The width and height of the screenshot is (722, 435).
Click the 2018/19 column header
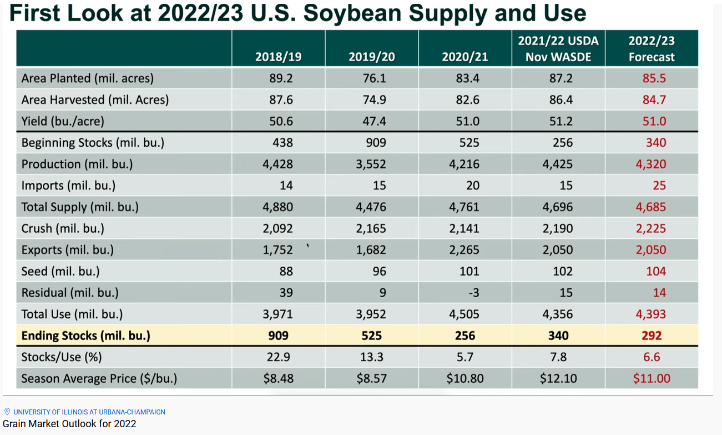click(x=278, y=57)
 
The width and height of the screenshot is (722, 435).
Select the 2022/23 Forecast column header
click(x=651, y=49)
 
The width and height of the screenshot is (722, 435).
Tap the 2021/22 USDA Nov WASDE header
click(x=558, y=49)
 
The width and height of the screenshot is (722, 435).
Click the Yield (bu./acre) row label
click(x=63, y=121)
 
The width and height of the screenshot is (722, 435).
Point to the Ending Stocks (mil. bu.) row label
click(x=85, y=336)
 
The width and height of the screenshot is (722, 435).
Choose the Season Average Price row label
click(x=99, y=379)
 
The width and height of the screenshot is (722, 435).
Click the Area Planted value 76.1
click(x=374, y=78)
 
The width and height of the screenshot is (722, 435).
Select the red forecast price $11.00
click(x=652, y=379)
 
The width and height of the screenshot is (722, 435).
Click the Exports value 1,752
click(x=277, y=250)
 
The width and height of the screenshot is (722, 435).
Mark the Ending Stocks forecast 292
click(x=652, y=336)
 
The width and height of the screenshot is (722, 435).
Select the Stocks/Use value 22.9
click(x=281, y=357)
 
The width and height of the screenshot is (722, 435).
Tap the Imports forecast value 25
click(x=659, y=186)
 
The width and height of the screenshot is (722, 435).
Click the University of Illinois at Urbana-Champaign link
click(x=89, y=412)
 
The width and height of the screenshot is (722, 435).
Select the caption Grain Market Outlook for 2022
click(x=69, y=424)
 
